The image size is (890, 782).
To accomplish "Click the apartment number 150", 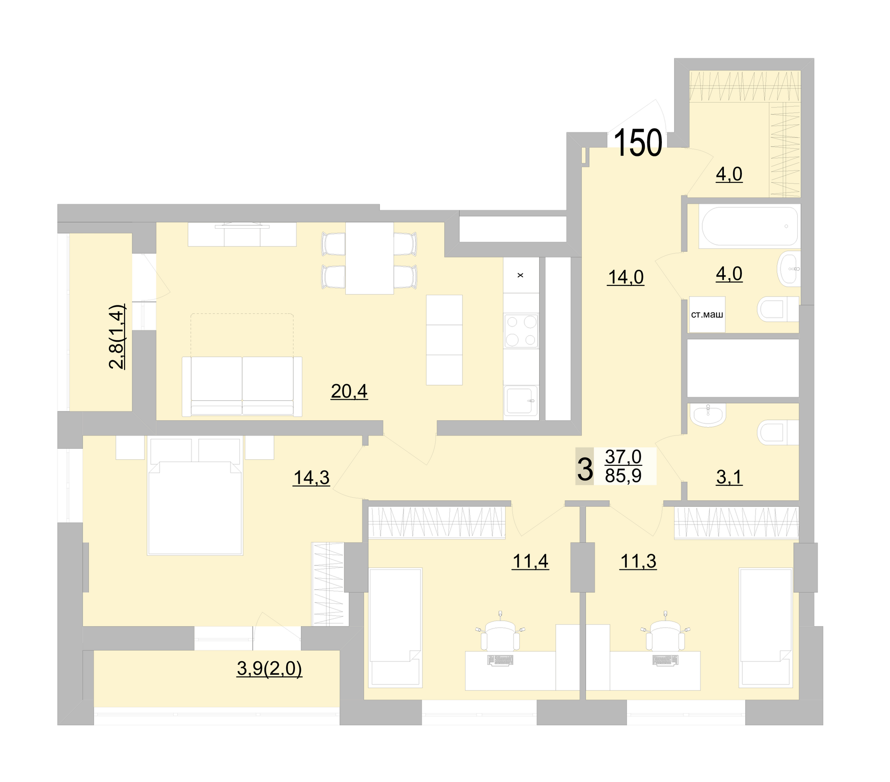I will tap(637, 143).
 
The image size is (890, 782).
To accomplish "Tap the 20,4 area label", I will tap(349, 391).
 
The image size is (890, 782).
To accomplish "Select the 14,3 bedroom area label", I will tap(311, 477).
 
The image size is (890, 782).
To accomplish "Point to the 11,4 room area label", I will tap(530, 562).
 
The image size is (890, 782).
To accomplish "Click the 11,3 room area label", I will tap(638, 562).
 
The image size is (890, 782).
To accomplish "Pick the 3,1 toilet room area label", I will tap(729, 477).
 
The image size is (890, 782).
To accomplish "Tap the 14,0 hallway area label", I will tap(625, 277).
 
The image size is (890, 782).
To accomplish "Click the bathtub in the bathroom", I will tap(749, 226).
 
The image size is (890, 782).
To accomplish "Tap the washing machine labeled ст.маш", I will tap(707, 315).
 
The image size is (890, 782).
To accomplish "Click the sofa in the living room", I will tap(242, 386).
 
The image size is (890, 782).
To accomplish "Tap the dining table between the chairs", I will tap(369, 258).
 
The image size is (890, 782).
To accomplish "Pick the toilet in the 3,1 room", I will tap(777, 433).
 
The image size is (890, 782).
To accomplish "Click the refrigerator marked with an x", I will tap(521, 275).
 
